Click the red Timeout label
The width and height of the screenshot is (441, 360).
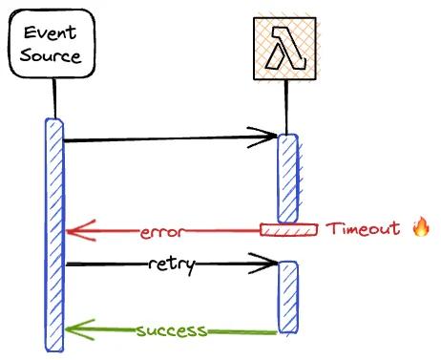pyautogui.click(x=363, y=229)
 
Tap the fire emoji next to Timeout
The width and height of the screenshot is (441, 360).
pyautogui.click(x=421, y=227)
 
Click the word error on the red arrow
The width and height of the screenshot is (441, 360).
pyautogui.click(x=160, y=231)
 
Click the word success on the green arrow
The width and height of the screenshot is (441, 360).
pyautogui.click(x=171, y=331)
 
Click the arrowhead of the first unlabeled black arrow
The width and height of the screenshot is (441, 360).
pyautogui.click(x=268, y=140)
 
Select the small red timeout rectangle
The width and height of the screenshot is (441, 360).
pyautogui.click(x=289, y=229)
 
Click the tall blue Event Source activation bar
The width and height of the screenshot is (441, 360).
pyautogui.click(x=54, y=234)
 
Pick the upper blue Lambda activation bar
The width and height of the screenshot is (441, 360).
pyautogui.click(x=288, y=179)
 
